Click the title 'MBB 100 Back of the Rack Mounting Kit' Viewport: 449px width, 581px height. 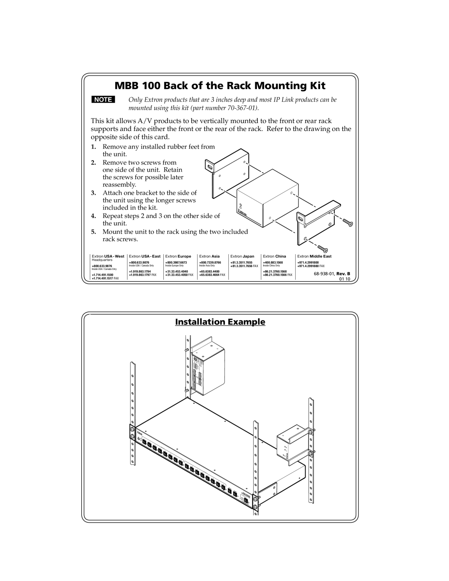click(220, 86)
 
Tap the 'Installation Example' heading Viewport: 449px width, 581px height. click(220, 322)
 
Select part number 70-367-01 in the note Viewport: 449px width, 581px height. click(239, 108)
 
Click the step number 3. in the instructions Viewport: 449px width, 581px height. click(94, 193)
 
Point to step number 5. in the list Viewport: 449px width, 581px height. click(94, 232)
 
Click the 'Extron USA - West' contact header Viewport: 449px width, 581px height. click(108, 257)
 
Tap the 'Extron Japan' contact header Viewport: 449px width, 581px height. click(242, 257)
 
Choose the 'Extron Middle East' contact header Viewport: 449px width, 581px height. click(314, 257)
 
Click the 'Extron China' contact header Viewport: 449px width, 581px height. click(274, 257)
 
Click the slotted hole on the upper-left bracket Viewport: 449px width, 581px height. click(209, 167)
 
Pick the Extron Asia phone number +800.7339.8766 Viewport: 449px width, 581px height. click(210, 263)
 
